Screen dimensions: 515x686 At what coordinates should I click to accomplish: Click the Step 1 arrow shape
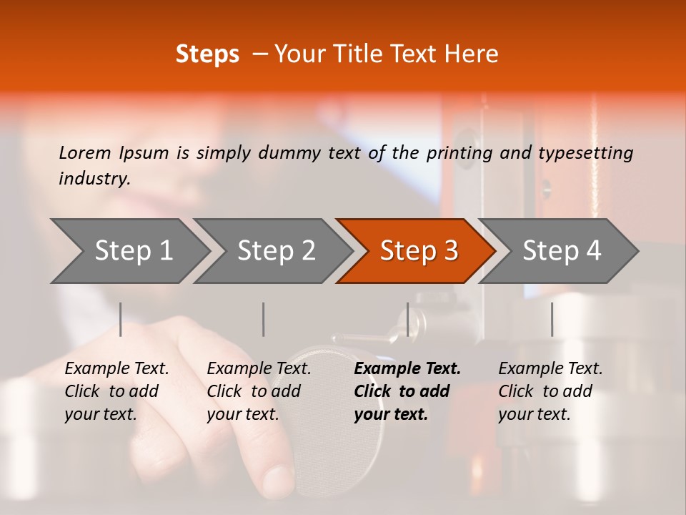point(132,250)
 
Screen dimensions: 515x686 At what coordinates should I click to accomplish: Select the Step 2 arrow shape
point(275,250)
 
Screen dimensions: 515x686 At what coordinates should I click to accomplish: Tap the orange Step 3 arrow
point(418,250)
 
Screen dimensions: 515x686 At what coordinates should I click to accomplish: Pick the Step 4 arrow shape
point(561,250)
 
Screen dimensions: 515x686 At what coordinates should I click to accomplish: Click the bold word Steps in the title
point(207,54)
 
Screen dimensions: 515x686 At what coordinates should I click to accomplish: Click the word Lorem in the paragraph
point(84,152)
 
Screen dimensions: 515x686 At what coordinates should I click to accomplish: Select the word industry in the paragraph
point(94,178)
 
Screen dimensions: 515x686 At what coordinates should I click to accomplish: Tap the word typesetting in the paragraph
point(585,152)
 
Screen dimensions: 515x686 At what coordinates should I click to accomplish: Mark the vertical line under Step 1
point(121,319)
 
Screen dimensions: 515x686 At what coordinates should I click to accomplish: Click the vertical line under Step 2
point(264,319)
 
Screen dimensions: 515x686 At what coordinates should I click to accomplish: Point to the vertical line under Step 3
point(407,319)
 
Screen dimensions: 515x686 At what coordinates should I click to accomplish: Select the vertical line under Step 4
point(552,319)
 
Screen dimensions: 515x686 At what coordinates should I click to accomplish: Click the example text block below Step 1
point(116,391)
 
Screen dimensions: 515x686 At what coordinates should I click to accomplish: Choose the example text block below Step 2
point(259,391)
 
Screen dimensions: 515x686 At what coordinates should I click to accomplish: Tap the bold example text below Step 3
point(407,391)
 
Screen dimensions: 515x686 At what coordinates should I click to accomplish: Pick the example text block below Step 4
point(550,391)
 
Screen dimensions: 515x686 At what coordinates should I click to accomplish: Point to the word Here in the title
point(472,54)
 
